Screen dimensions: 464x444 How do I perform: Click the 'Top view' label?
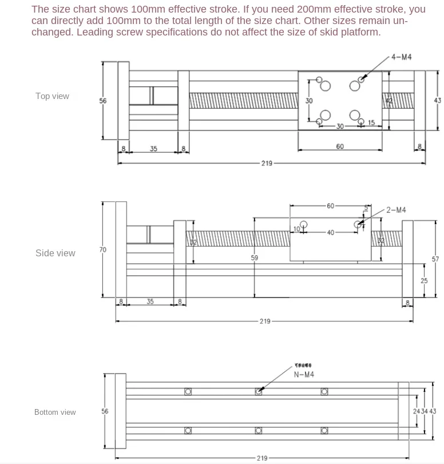click(52, 96)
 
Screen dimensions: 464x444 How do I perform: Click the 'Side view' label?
click(55, 253)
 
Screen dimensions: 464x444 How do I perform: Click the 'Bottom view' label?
click(55, 412)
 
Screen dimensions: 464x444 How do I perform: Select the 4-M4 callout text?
click(402, 57)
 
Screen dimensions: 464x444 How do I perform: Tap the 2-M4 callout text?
click(395, 210)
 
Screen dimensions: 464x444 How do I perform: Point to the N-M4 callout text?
click(304, 375)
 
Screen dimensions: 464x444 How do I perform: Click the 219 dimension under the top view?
click(267, 164)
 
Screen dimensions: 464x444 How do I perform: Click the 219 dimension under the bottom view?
click(262, 458)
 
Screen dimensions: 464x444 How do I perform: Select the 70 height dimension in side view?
click(103, 249)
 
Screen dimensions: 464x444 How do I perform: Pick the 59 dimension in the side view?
click(255, 258)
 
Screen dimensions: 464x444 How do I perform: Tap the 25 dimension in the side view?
click(424, 281)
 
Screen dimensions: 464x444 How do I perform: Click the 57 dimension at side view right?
click(435, 259)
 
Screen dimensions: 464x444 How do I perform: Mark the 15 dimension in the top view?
click(371, 123)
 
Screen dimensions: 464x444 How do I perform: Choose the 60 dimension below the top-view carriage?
click(340, 146)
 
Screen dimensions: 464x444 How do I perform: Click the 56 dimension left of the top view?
click(103, 101)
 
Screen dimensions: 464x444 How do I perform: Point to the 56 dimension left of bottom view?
click(105, 411)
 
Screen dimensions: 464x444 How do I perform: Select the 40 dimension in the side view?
click(331, 232)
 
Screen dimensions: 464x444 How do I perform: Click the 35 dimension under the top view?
click(153, 149)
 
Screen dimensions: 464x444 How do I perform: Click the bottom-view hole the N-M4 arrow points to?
click(259, 392)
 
